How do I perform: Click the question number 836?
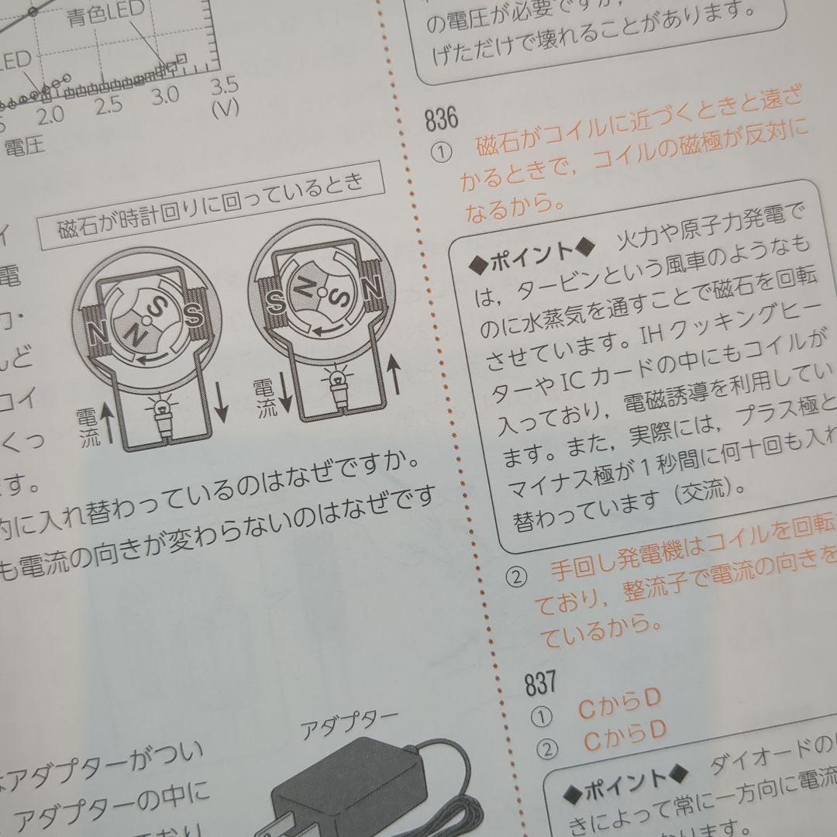[442, 119]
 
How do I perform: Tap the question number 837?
[541, 682]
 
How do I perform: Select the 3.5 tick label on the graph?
[223, 84]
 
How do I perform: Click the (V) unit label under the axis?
[225, 108]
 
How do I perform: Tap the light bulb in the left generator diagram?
[162, 410]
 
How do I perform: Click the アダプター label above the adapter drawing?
[349, 725]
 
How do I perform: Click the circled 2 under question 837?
[547, 749]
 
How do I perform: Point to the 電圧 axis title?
[25, 144]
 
